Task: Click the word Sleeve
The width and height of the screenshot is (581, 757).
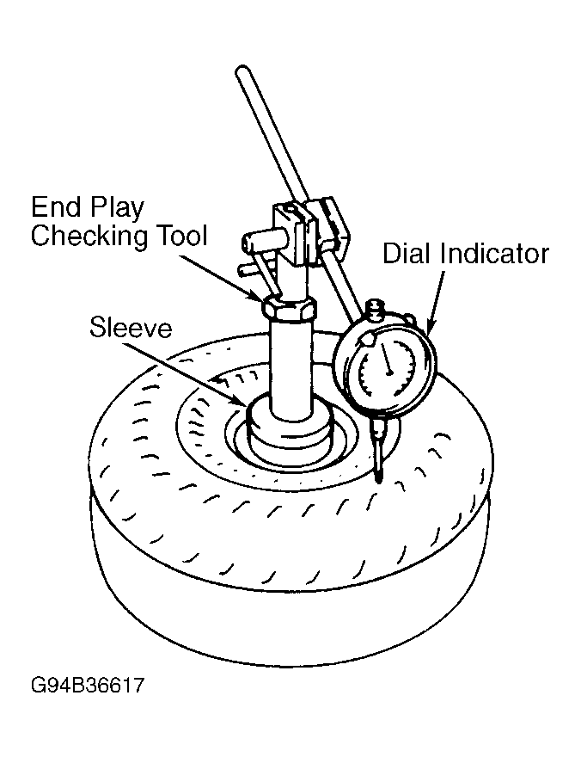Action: point(131,328)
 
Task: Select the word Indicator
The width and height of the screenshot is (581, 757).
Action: point(495,253)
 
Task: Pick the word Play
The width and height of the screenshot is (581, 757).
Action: point(116,208)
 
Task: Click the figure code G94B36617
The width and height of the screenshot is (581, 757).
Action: point(88,685)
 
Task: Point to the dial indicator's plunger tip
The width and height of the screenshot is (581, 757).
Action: point(379,479)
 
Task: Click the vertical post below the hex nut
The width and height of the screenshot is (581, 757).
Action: point(290,367)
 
